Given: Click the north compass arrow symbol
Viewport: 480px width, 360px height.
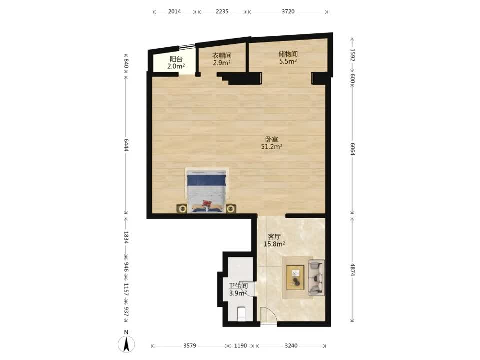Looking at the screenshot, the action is point(126,344).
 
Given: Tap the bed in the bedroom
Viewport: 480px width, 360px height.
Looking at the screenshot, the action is point(206,190).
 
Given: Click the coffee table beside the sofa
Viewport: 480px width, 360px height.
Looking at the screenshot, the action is point(295,278).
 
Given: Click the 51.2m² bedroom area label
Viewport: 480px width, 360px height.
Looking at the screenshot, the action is point(272,147).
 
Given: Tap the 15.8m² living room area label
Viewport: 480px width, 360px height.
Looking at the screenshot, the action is point(274,244).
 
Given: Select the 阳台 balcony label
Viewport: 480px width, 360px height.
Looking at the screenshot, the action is point(176,59).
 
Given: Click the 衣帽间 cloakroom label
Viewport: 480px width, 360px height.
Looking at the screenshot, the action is point(222,56).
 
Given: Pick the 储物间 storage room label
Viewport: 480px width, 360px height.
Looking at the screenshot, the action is point(288,54).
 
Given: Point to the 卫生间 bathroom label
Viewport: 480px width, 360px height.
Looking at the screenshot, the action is point(238,286).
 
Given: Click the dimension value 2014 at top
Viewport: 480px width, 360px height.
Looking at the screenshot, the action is point(175,12).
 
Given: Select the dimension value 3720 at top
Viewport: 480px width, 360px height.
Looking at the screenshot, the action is point(288,12).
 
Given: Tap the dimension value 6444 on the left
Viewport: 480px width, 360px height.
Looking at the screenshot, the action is point(126,145).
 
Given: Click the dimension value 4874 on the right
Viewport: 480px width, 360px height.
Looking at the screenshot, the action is point(353,269).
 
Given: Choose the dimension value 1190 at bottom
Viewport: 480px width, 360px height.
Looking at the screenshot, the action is point(240,346).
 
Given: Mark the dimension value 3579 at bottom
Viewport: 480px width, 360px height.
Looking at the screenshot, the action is point(190,346).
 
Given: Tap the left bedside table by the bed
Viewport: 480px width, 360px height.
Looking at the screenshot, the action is point(182,209).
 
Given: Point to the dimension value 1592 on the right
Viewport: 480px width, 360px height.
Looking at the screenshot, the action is point(353,55).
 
